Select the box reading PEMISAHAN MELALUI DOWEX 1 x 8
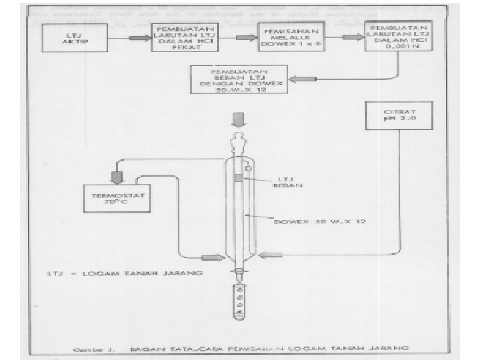[x=290, y=40]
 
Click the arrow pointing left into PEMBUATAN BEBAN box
[x=307, y=80]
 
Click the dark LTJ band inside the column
[x=239, y=178]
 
